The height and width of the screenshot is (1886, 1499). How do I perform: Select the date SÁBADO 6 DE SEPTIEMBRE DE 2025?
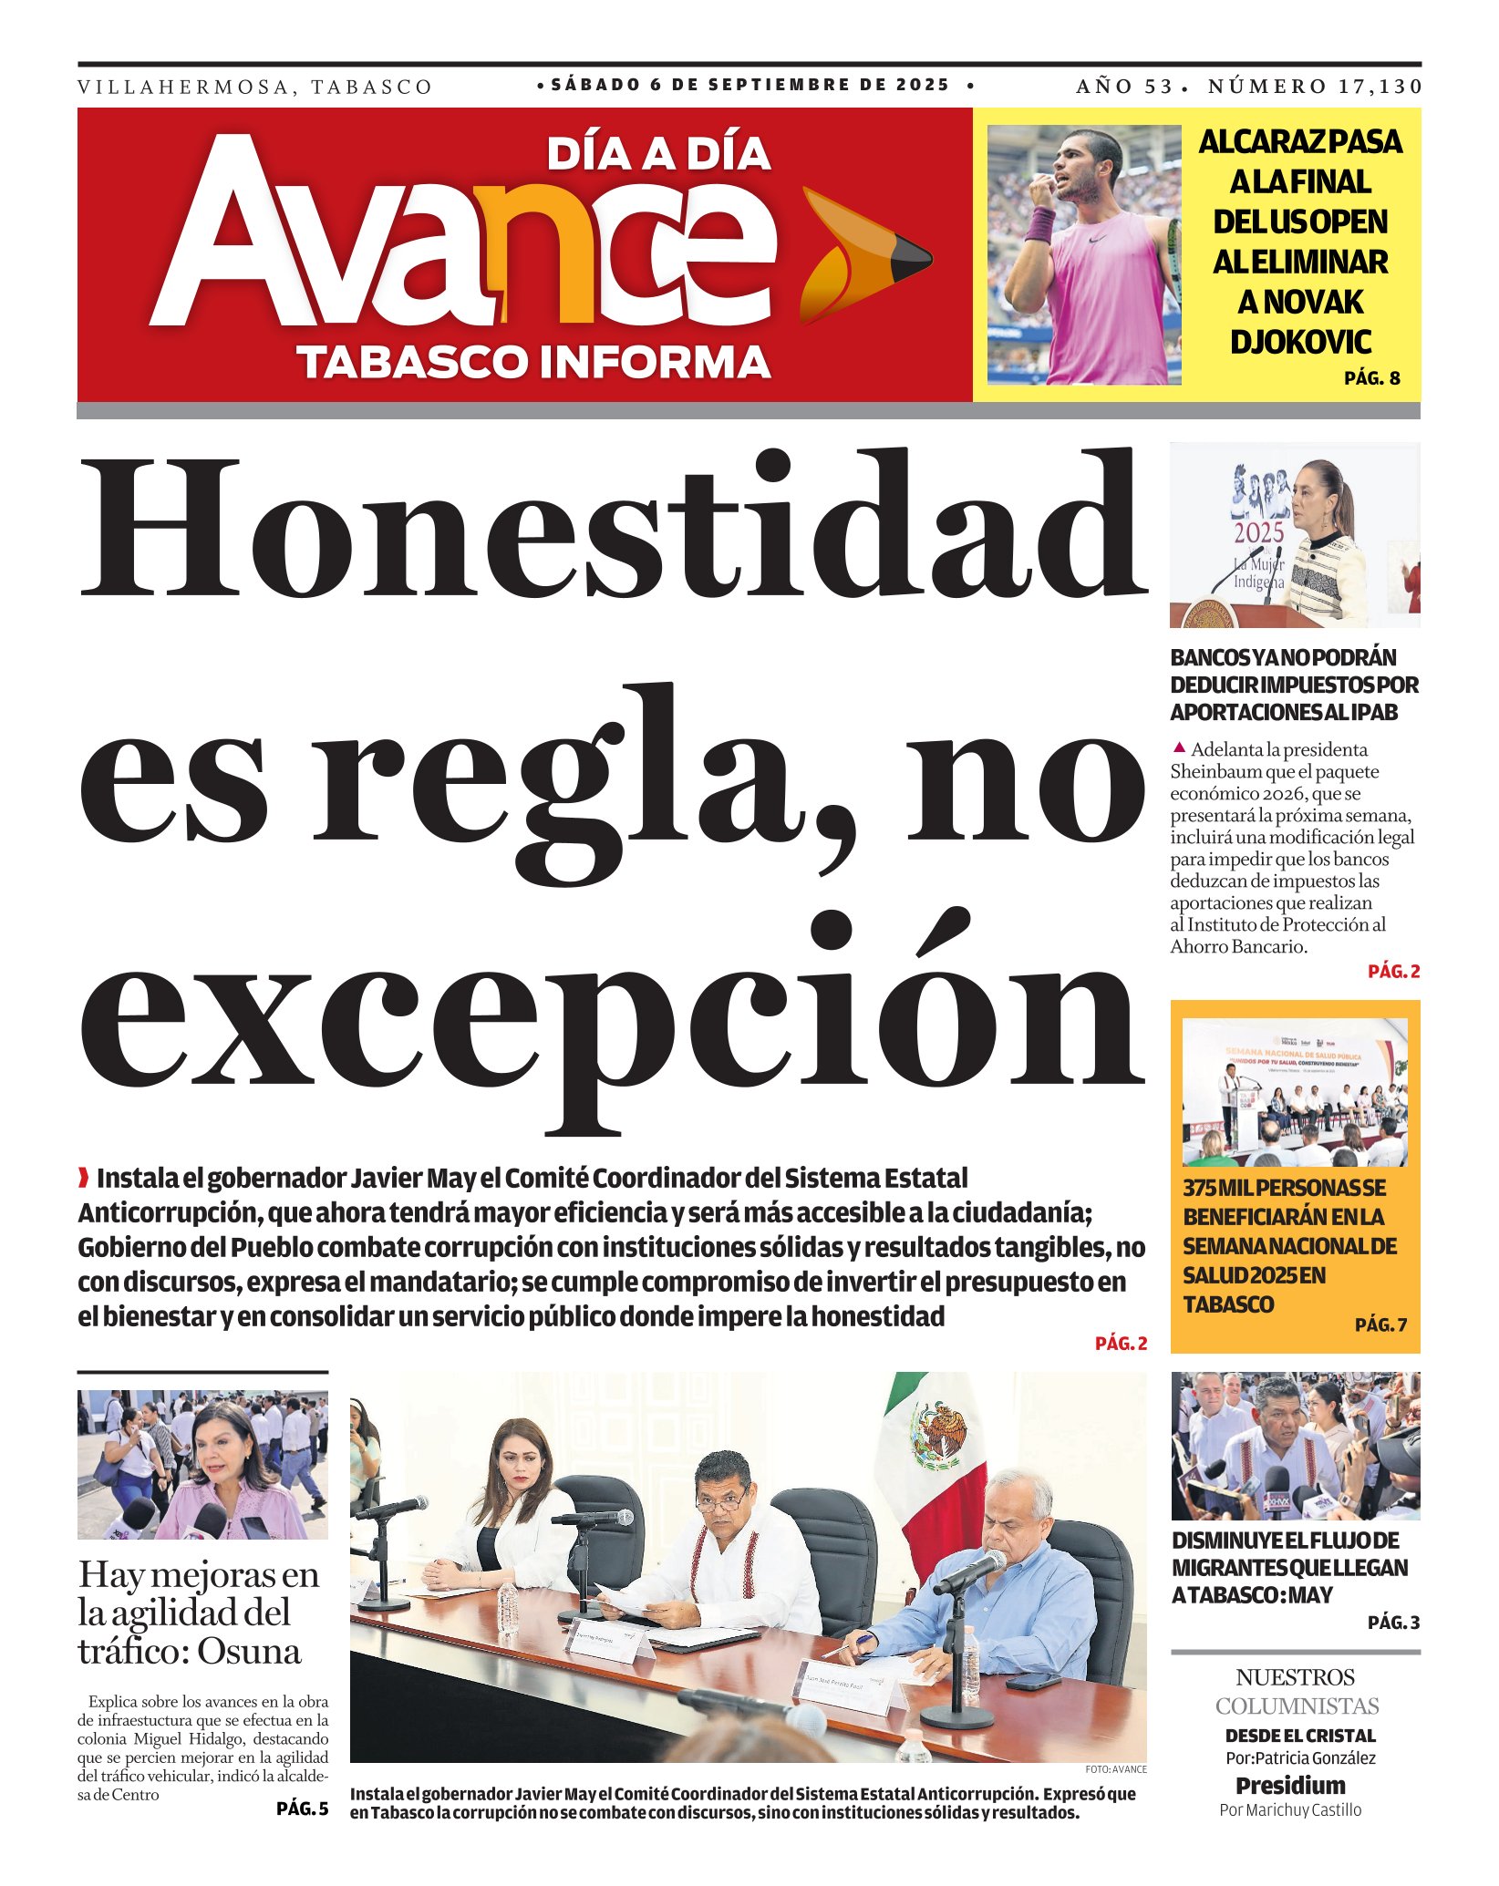[750, 86]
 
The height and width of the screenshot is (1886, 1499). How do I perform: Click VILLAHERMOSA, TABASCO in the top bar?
[255, 88]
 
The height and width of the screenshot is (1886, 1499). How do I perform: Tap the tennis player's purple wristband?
[1039, 224]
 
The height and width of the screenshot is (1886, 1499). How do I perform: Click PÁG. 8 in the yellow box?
[1371, 378]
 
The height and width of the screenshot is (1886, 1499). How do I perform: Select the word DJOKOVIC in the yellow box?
[1300, 342]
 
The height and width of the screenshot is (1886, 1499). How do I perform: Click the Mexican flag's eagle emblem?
[941, 1435]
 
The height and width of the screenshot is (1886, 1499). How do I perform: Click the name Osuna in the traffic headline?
[249, 1651]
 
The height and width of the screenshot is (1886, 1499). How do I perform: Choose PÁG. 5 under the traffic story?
[302, 1809]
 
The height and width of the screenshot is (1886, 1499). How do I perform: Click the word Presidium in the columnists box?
[1290, 1785]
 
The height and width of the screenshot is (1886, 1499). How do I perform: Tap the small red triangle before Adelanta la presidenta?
[1179, 748]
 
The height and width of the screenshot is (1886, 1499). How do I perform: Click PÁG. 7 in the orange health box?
[1380, 1324]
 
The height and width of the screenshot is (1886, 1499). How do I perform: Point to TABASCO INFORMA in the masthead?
[534, 362]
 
